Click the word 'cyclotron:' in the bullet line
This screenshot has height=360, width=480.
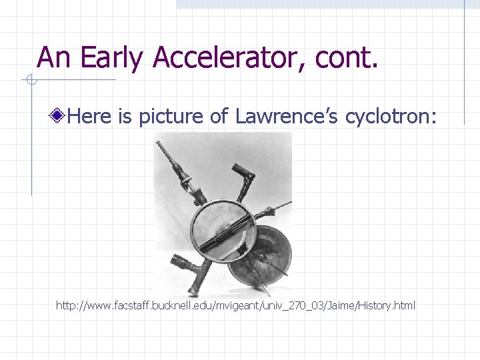pos(391,117)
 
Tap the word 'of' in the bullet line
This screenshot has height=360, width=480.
pos(219,117)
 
